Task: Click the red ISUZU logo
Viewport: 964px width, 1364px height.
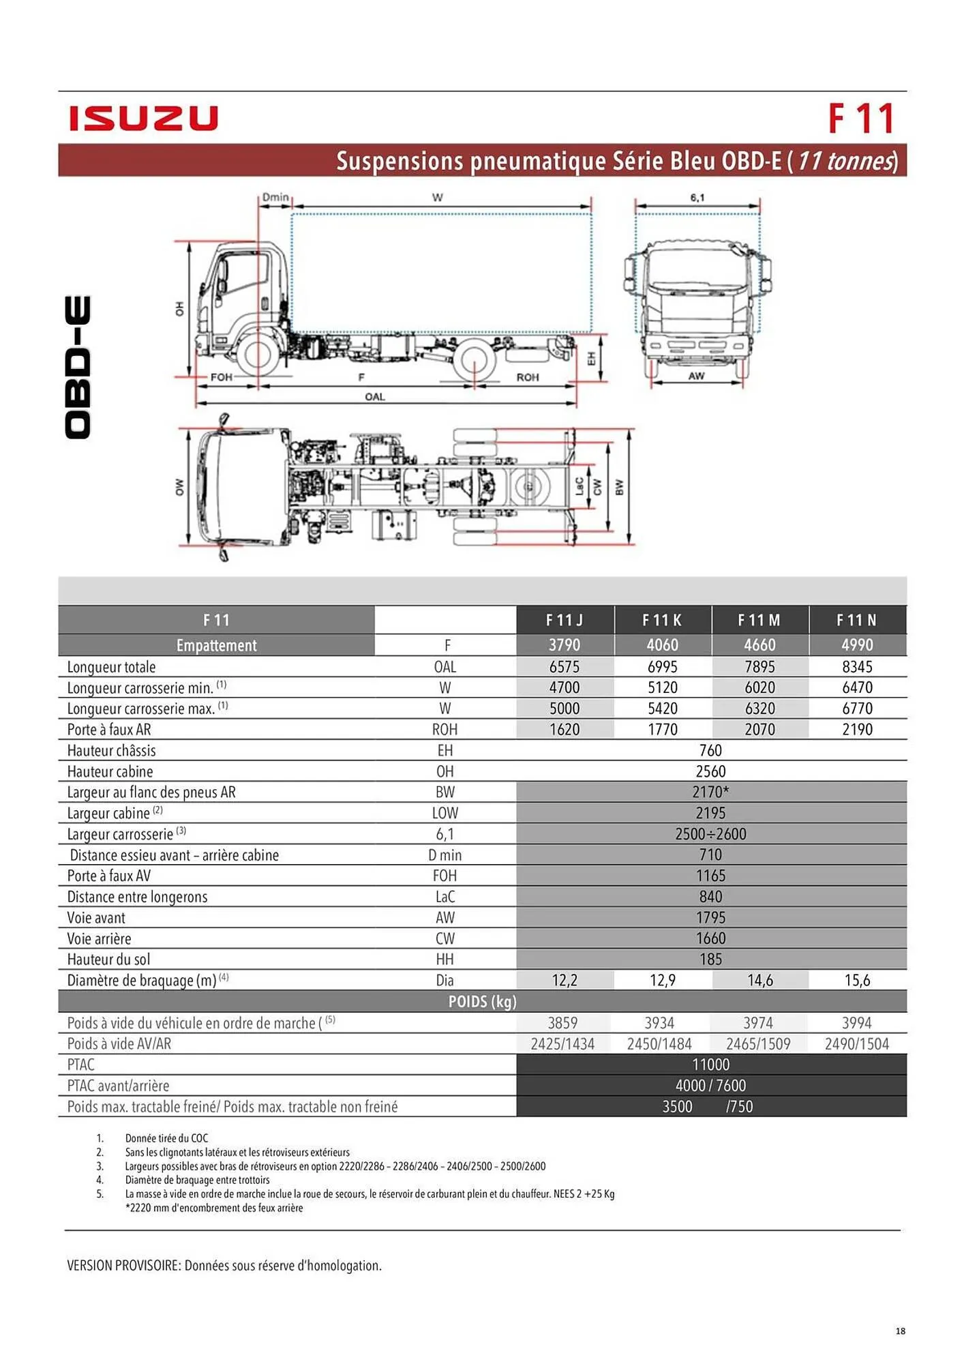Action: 143,118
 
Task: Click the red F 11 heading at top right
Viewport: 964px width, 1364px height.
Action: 860,119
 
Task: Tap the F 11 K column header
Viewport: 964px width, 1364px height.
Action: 662,620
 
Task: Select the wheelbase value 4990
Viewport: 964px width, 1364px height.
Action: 857,644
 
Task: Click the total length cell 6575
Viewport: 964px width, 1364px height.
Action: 564,666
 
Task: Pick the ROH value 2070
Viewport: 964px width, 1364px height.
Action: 759,729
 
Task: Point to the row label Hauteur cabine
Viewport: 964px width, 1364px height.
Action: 110,771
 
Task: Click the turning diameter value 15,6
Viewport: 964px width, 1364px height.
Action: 857,980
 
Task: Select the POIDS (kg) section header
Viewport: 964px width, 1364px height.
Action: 482,1001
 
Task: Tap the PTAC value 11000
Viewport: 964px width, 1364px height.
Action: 710,1065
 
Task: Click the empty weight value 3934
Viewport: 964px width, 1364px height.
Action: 659,1022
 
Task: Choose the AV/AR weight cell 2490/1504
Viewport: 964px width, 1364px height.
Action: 857,1043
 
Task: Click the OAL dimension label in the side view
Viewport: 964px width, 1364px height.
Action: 375,396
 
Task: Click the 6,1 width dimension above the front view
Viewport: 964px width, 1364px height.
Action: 697,198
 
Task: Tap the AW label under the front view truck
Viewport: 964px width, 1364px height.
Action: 696,376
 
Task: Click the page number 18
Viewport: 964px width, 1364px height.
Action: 900,1331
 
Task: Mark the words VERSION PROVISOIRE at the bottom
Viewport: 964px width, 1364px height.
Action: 123,1266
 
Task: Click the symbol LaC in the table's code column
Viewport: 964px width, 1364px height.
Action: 445,897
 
